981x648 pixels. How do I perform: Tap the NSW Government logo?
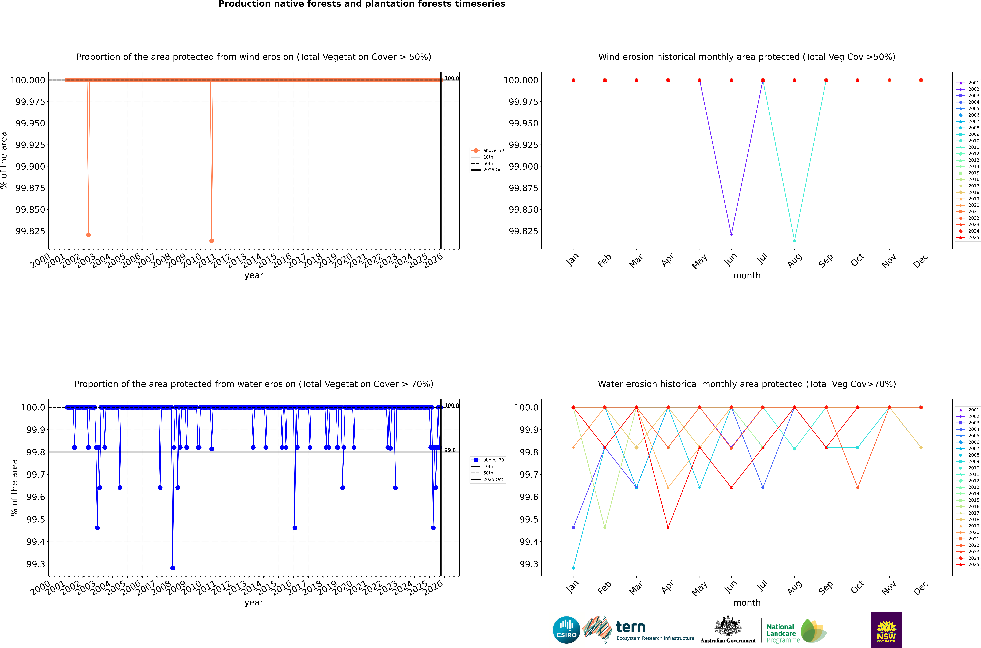886,630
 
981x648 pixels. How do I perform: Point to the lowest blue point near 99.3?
173,568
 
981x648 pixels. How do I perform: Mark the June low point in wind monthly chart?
731,235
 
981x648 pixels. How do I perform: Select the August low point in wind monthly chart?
795,241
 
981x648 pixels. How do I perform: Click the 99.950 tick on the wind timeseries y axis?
30,123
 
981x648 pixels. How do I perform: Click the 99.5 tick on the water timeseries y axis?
36,519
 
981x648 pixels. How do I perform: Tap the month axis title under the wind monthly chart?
747,276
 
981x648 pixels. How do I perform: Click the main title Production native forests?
362,4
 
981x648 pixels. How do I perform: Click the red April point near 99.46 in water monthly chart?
668,528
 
